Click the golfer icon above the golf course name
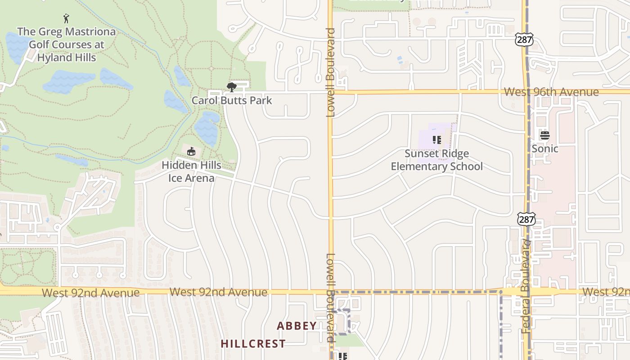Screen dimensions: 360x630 67,18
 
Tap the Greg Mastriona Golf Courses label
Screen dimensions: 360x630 66,45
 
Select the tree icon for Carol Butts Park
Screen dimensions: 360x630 232,87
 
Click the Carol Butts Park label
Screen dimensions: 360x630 232,100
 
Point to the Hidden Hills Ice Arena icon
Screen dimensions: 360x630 191,151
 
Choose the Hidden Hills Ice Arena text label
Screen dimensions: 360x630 191,171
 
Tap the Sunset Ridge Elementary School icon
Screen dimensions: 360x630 436,140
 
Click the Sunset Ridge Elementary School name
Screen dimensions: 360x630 436,160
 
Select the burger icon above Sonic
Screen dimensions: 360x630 545,135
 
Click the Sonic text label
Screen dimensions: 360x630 545,148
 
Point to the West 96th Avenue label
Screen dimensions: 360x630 551,92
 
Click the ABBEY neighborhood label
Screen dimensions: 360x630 297,326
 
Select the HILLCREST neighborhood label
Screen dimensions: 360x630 253,344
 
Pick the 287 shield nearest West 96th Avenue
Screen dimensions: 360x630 525,40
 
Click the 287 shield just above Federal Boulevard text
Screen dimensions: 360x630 526,219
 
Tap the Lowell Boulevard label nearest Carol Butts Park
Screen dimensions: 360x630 331,72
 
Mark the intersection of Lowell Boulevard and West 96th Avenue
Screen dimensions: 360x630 330,92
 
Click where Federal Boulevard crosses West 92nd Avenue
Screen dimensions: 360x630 527,292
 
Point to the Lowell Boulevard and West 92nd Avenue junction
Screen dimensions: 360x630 331,292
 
